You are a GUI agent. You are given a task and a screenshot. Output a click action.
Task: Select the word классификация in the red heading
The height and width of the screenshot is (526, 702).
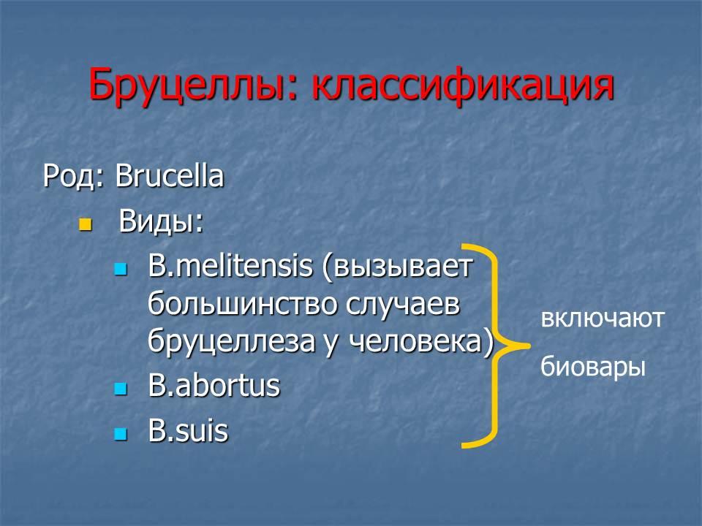coord(463,85)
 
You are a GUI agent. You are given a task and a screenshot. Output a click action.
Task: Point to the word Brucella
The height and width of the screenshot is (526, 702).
coord(169,175)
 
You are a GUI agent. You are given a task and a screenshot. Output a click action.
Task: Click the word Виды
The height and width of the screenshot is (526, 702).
coord(161,221)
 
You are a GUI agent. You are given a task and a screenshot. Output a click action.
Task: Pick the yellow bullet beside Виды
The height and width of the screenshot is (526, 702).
coord(85,224)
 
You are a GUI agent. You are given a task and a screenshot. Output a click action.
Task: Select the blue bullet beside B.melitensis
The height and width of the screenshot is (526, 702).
coord(121,269)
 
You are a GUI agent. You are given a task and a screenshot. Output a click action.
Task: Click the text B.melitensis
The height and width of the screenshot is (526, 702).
coord(230,266)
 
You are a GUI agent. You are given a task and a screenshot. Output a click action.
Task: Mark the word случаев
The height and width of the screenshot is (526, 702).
coord(403,305)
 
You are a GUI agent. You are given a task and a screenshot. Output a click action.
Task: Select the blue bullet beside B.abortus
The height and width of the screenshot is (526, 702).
coord(121,388)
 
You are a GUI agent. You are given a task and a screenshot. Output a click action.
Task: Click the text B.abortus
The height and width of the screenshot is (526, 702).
coord(214,386)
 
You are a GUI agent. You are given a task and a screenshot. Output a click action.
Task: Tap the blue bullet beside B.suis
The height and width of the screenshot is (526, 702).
coord(121,434)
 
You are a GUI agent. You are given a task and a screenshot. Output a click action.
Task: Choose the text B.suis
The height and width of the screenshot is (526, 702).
coord(188,431)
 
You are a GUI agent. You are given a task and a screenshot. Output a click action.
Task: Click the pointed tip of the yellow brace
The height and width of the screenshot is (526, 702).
coord(529,346)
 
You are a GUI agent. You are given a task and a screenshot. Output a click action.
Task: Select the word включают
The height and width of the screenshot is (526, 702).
coord(602,319)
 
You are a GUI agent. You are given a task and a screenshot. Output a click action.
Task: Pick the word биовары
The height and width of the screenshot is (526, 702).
coord(593,367)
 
